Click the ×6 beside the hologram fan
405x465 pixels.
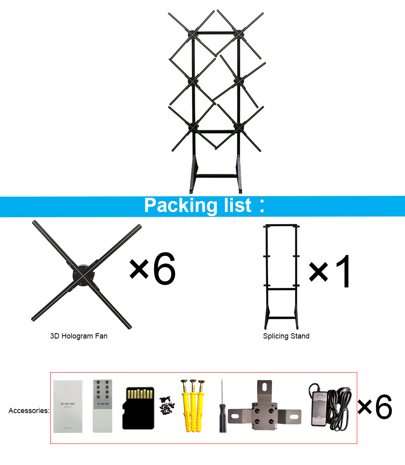point(153,269)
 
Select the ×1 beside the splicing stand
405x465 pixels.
point(330,272)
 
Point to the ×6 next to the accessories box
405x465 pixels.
point(375,407)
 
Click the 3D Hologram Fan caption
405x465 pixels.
point(79,336)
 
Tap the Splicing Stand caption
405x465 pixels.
point(286,336)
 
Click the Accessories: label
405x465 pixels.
point(29,411)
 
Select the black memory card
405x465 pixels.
point(138,408)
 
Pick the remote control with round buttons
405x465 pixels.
point(102,405)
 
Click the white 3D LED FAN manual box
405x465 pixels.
point(68,406)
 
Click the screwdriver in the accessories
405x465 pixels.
point(222,406)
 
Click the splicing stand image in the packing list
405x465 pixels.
point(281,276)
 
